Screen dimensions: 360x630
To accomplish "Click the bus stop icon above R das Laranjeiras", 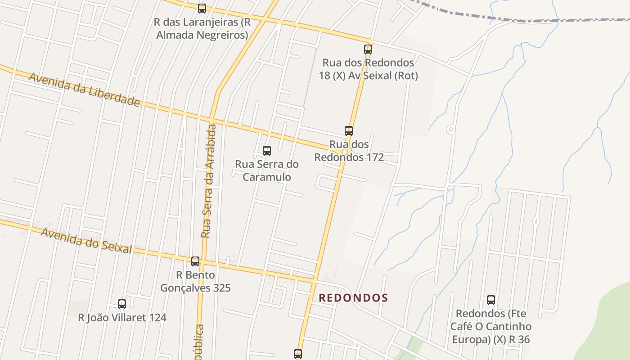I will pyautogui.click(x=202, y=8).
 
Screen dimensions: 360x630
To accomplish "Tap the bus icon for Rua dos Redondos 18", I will pyautogui.click(x=368, y=49).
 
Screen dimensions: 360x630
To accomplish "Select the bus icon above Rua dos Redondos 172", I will pyautogui.click(x=349, y=131).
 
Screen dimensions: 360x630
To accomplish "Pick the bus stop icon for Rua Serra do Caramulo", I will pyautogui.click(x=267, y=151).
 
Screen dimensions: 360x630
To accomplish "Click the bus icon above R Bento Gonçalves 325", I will pyautogui.click(x=195, y=261).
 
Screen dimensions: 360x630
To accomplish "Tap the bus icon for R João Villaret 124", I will pyautogui.click(x=122, y=304).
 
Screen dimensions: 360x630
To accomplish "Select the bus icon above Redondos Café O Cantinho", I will pyautogui.click(x=491, y=300).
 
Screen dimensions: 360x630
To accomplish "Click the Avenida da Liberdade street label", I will pyautogui.click(x=84, y=89).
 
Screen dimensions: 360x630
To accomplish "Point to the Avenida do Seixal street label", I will pyautogui.click(x=86, y=241).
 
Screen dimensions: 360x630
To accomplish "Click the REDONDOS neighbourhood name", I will pyautogui.click(x=353, y=298).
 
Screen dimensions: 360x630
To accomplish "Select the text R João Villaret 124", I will pyautogui.click(x=122, y=318).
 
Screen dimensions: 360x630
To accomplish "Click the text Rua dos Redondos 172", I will pyautogui.click(x=349, y=151).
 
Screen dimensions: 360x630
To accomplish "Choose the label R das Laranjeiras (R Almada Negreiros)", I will pyautogui.click(x=202, y=28).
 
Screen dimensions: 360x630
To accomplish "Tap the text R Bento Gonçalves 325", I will pyautogui.click(x=195, y=281).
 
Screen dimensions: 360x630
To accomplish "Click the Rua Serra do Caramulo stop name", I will pyautogui.click(x=267, y=171).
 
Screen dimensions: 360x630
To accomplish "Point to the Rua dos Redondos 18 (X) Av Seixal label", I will pyautogui.click(x=368, y=69).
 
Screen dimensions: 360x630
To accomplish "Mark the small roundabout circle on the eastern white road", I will pyautogui.click(x=450, y=130).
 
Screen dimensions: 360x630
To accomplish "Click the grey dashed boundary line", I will pyautogui.click(x=495, y=18).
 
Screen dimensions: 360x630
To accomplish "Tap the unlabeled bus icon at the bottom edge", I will pyautogui.click(x=298, y=354).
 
